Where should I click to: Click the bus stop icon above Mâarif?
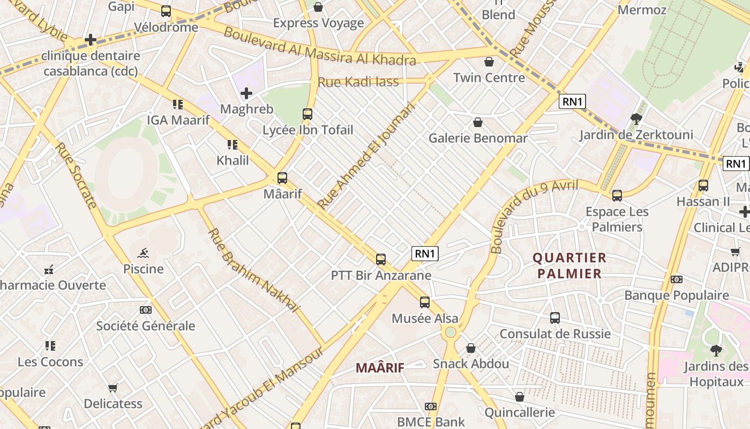pyautogui.click(x=282, y=178)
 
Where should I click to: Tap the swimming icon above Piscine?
pyautogui.click(x=143, y=253)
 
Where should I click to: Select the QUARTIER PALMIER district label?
pyautogui.click(x=569, y=266)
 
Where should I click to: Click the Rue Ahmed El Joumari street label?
pyautogui.click(x=366, y=156)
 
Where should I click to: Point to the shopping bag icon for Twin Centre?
pyautogui.click(x=489, y=62)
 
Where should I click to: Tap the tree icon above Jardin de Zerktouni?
pyautogui.click(x=636, y=119)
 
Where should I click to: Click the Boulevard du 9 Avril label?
pyautogui.click(x=534, y=216)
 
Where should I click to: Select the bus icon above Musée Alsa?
pyautogui.click(x=425, y=302)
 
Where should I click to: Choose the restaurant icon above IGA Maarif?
pyautogui.click(x=178, y=104)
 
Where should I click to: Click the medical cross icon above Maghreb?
pyautogui.click(x=246, y=94)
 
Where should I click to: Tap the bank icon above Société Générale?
pyautogui.click(x=146, y=310)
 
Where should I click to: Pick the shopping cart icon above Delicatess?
pyautogui.click(x=113, y=388)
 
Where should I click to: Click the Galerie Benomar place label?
pyautogui.click(x=478, y=138)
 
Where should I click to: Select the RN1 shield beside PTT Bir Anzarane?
pyautogui.click(x=425, y=254)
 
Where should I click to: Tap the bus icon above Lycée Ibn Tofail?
pyautogui.click(x=307, y=114)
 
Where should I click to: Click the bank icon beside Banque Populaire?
pyautogui.click(x=677, y=279)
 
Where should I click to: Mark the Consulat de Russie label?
pyautogui.click(x=555, y=334)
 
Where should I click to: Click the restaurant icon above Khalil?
pyautogui.click(x=232, y=145)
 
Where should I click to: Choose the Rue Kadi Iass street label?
pyautogui.click(x=358, y=82)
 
